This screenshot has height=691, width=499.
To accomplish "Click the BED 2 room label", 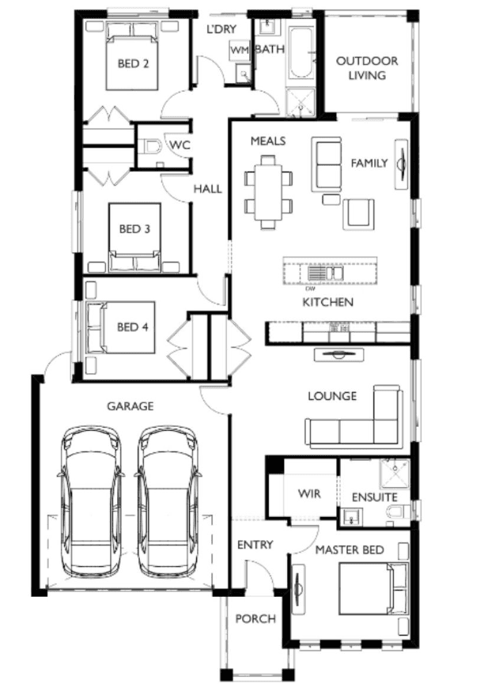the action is click(x=133, y=63).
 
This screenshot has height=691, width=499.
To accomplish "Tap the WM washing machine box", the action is click(x=240, y=51).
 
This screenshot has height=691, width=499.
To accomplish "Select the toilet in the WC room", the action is click(x=151, y=146).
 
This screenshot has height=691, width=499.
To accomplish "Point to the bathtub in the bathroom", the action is click(x=301, y=53).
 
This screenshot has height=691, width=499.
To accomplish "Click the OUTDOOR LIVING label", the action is click(x=367, y=68).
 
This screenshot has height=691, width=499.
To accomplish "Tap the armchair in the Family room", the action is click(x=359, y=214).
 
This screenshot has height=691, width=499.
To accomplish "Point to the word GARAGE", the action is click(x=130, y=406).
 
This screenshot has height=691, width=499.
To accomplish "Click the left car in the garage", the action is click(x=91, y=501).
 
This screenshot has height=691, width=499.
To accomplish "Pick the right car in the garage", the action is click(x=168, y=501).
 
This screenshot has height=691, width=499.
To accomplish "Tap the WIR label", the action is click(x=309, y=493).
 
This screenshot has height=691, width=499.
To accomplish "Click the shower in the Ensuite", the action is click(x=395, y=474).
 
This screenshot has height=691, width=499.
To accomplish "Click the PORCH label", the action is click(x=255, y=619).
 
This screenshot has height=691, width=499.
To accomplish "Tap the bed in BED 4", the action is click(x=121, y=327).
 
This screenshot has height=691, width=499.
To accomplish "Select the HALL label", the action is click(x=208, y=189).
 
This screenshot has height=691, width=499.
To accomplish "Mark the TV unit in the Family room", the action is click(x=401, y=164).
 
